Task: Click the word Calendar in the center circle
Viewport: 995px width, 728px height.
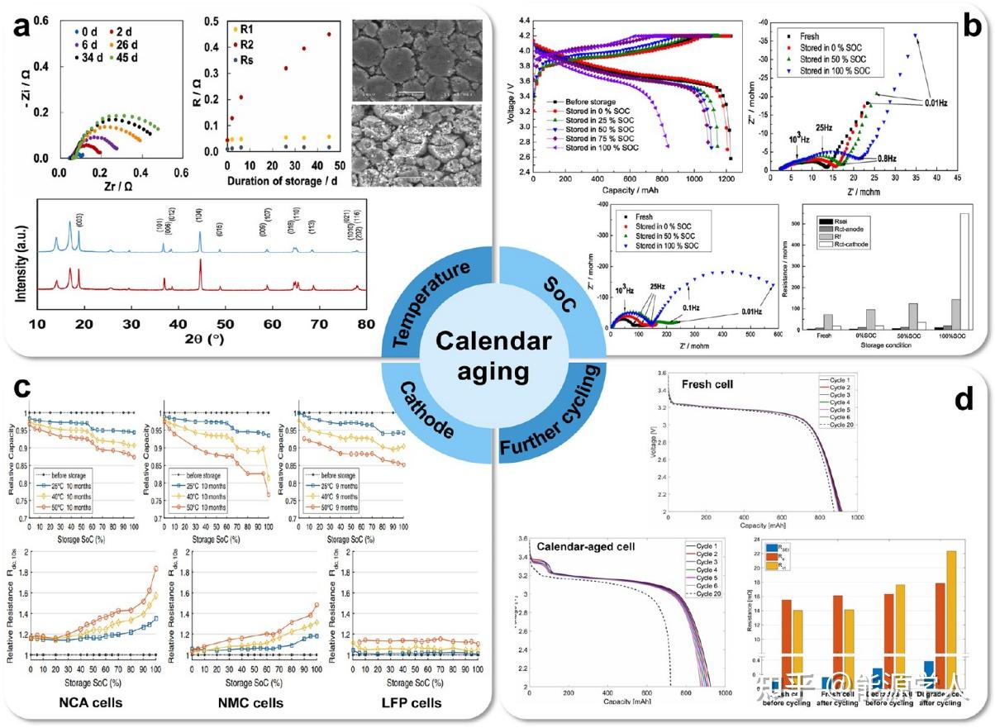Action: (493, 340)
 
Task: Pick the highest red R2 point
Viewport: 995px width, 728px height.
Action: (329, 34)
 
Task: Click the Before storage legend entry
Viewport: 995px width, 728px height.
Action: (594, 100)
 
